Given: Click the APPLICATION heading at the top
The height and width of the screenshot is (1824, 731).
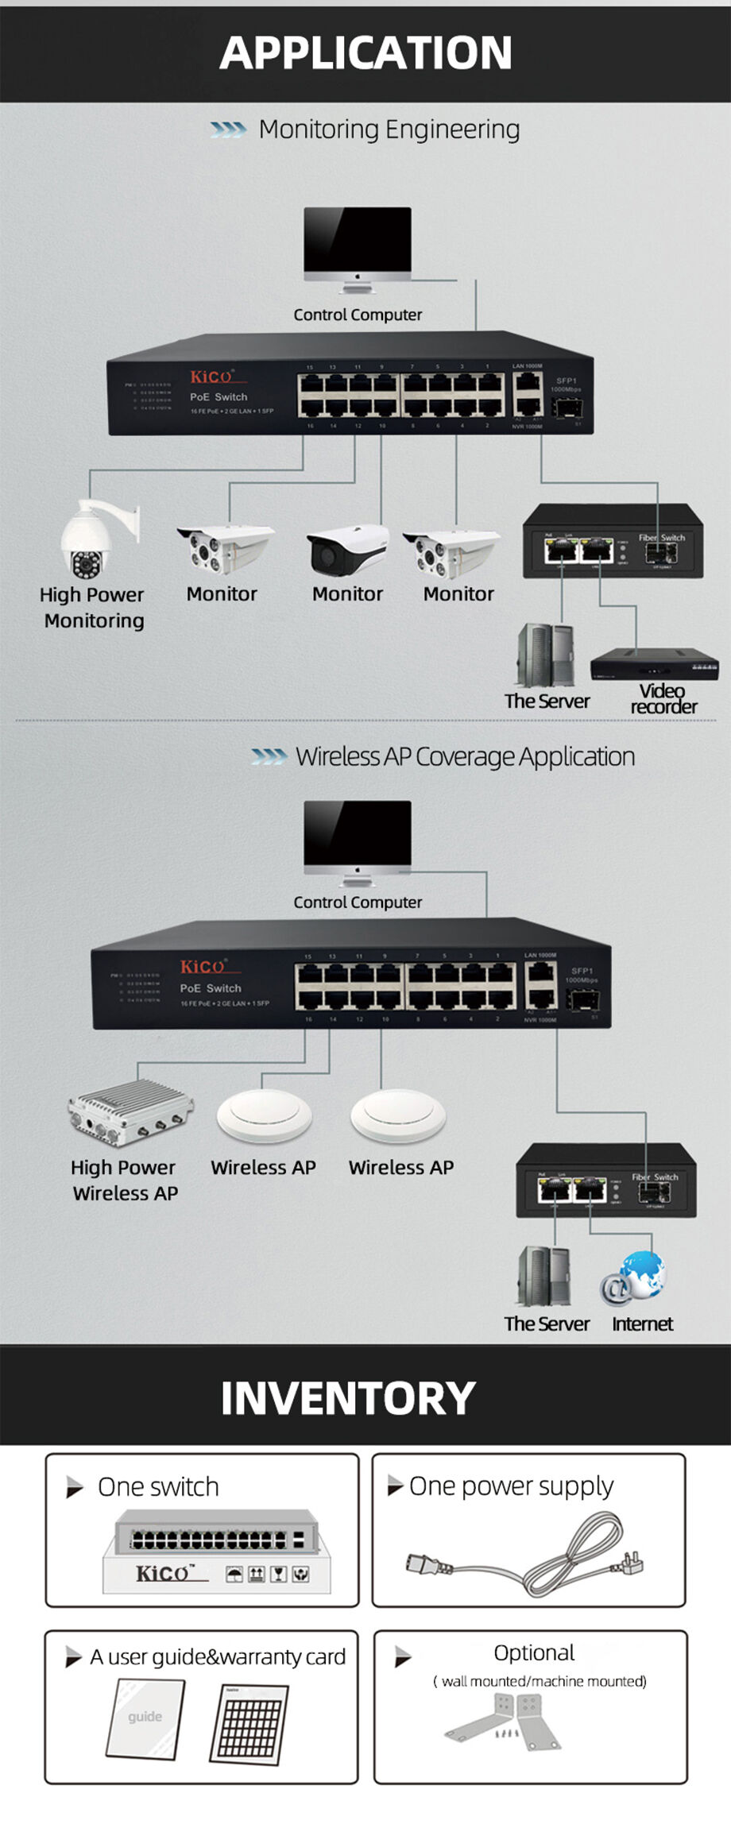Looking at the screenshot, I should point(365,52).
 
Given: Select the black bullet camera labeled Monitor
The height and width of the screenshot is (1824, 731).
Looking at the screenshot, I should point(347,550).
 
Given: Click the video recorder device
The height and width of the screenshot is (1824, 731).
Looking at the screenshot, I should point(654,664).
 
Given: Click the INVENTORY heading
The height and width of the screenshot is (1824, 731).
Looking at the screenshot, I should point(348,1397).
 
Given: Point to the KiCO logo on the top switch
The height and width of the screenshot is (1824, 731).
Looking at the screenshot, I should point(211,376).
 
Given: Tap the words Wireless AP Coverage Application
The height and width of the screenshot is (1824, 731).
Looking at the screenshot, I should point(465,757).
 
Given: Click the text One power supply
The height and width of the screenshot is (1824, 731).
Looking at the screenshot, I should point(511,1486).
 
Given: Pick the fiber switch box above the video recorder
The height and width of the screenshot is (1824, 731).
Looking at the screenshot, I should point(613,540).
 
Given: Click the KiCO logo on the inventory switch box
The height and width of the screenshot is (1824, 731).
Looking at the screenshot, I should point(162,1574).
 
